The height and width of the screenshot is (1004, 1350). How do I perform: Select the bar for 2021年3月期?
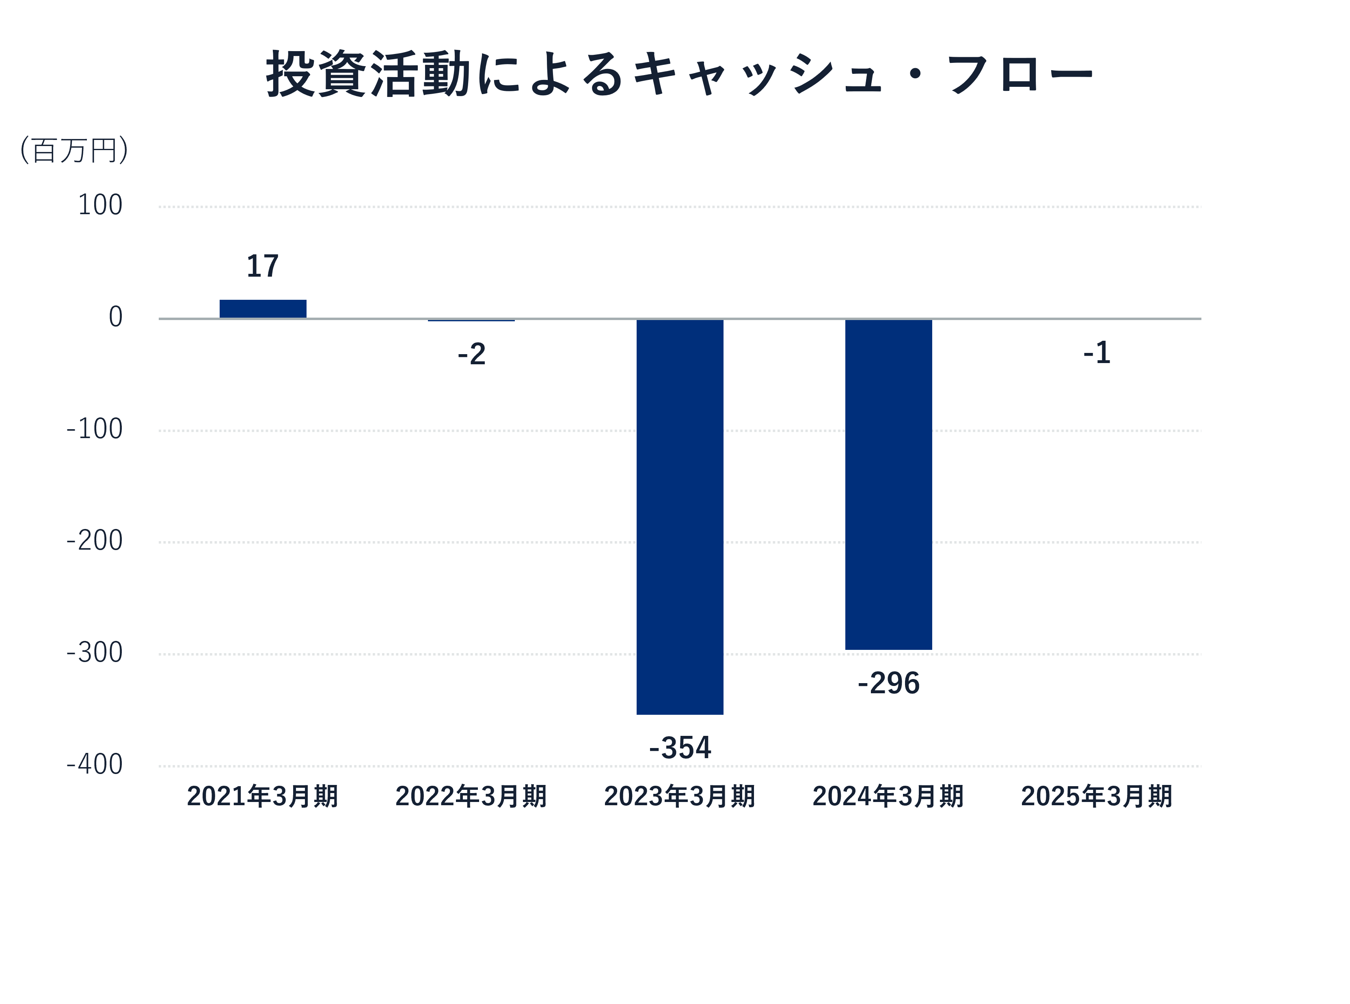pyautogui.click(x=263, y=309)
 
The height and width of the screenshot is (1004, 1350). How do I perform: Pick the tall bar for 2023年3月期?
pyautogui.click(x=679, y=516)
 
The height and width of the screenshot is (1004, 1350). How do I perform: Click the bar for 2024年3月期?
pyautogui.click(x=888, y=484)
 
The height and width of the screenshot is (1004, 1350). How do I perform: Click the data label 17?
pyautogui.click(x=263, y=266)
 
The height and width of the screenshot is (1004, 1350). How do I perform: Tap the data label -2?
pyautogui.click(x=471, y=354)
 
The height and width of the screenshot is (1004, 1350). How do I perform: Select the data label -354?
pyautogui.click(x=679, y=748)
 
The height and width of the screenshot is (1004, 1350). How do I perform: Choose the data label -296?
pyautogui.click(x=888, y=683)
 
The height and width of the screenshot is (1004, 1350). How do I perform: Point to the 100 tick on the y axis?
pyautogui.click(x=100, y=205)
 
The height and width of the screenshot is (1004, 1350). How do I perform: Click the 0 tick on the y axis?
pyautogui.click(x=116, y=317)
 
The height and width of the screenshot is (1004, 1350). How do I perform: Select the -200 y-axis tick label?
pyautogui.click(x=94, y=541)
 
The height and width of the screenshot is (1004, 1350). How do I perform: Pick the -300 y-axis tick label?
pyautogui.click(x=94, y=653)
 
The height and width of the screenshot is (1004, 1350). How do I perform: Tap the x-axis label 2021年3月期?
pyautogui.click(x=263, y=796)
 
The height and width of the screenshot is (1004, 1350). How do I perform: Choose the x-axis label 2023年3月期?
pyautogui.click(x=679, y=796)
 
